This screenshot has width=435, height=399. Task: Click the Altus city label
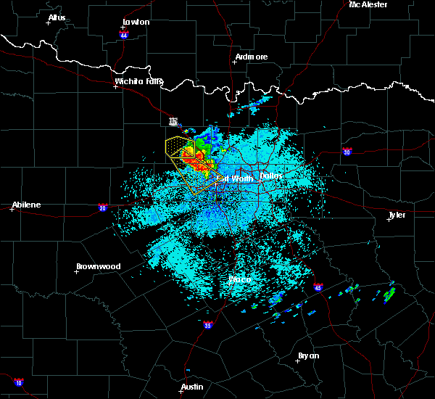click(x=57, y=17)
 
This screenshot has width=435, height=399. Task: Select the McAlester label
click(x=368, y=4)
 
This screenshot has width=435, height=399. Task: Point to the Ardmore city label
click(x=252, y=57)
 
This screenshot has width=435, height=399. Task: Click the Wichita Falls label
click(x=139, y=81)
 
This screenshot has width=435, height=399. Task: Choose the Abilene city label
click(x=25, y=205)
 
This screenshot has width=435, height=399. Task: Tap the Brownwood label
click(x=98, y=266)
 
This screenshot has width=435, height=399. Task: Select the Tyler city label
click(x=397, y=215)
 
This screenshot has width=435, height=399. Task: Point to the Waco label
click(x=240, y=279)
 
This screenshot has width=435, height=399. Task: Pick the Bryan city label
click(x=308, y=355)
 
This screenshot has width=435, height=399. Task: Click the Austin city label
click(x=192, y=387)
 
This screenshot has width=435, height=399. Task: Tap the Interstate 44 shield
click(x=124, y=34)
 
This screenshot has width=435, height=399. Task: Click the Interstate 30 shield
click(x=347, y=152)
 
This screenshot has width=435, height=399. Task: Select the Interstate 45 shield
click(x=318, y=289)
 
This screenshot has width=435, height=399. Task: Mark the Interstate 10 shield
click(x=19, y=382)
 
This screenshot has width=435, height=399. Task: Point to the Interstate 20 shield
click(x=103, y=207)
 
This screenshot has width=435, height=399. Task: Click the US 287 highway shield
click(x=173, y=120)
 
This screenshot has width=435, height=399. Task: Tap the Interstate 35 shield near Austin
click(x=208, y=324)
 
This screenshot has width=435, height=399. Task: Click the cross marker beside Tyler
click(x=389, y=218)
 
